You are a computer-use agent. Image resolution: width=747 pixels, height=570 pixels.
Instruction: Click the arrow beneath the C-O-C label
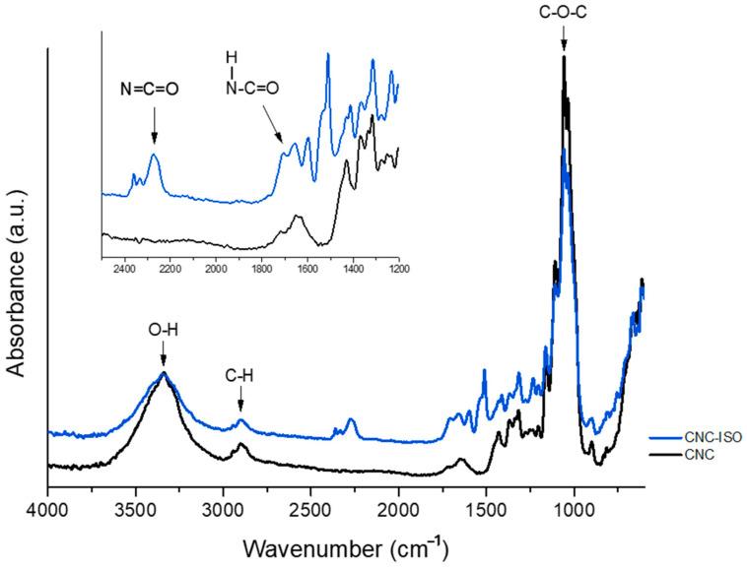pos(564,40)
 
